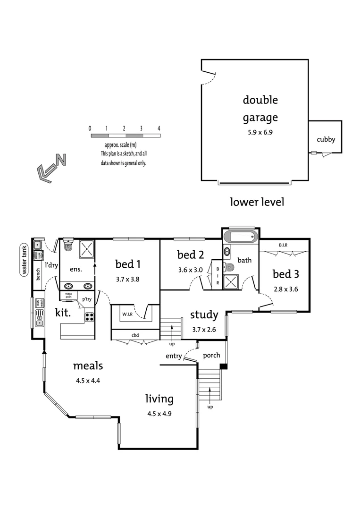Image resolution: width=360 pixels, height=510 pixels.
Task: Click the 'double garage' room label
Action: (x=260, y=109)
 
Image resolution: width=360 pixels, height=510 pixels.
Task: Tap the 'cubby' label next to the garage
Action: (x=326, y=139)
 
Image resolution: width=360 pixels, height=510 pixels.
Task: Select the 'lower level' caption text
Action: (x=257, y=202)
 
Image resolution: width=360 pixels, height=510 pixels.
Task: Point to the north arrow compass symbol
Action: (x=50, y=168)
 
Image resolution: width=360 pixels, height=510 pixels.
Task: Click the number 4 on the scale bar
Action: (x=159, y=128)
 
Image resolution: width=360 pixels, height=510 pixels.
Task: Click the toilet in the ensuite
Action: (x=68, y=245)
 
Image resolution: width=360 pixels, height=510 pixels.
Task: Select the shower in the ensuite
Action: (x=86, y=249)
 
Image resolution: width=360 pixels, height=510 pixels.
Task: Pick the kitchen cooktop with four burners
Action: (x=89, y=317)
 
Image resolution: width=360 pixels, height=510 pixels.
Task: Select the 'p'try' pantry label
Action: (x=87, y=299)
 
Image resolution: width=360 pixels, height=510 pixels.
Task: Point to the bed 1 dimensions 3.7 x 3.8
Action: (x=127, y=279)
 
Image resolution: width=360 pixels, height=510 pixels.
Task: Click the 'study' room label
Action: (x=204, y=315)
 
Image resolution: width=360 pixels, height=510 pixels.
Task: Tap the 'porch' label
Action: (x=211, y=355)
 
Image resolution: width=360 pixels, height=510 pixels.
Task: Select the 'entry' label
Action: (x=174, y=356)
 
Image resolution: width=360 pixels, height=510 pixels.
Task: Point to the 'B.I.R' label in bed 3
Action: (x=283, y=246)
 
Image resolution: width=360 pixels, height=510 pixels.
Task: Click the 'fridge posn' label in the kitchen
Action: (x=68, y=295)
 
